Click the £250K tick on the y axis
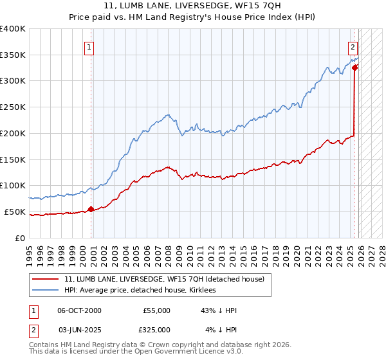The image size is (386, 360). (x=13, y=107)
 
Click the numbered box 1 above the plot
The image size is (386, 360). (x=89, y=46)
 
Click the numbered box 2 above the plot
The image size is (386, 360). (x=353, y=46)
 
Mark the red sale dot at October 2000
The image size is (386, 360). (x=91, y=208)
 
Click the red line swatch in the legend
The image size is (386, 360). (x=45, y=280)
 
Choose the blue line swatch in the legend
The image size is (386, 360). (x=45, y=291)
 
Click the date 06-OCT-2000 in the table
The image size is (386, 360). (x=79, y=310)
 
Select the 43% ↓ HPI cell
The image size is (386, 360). (x=218, y=310)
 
